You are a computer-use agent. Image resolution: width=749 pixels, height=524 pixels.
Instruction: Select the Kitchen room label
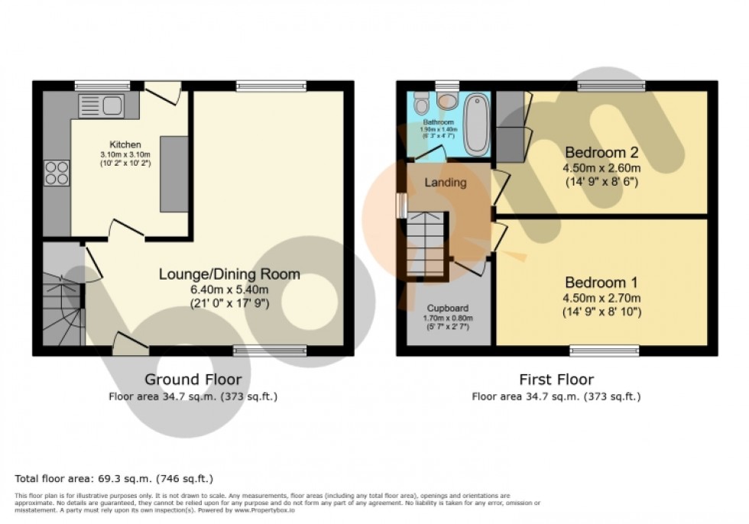pos(125,144)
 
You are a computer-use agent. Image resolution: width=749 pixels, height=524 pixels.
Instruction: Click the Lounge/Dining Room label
pos(229,274)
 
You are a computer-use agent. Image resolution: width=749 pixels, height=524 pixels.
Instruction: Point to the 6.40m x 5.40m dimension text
pos(229,289)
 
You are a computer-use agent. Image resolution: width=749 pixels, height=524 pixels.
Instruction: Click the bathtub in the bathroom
pos(476,124)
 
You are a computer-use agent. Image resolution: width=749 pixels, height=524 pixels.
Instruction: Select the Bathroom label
pos(438,122)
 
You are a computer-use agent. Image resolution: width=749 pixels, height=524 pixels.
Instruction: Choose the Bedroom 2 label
pos(603,150)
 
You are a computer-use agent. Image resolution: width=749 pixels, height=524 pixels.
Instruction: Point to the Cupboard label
pos(448,308)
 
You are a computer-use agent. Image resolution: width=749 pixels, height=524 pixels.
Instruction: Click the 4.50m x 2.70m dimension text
pos(602,298)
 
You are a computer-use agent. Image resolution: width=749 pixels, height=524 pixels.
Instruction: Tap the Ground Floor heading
pos(193,380)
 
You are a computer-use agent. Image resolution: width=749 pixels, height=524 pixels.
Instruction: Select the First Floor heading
pos(556,380)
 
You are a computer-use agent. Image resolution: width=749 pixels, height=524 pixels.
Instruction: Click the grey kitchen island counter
pos(173,174)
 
